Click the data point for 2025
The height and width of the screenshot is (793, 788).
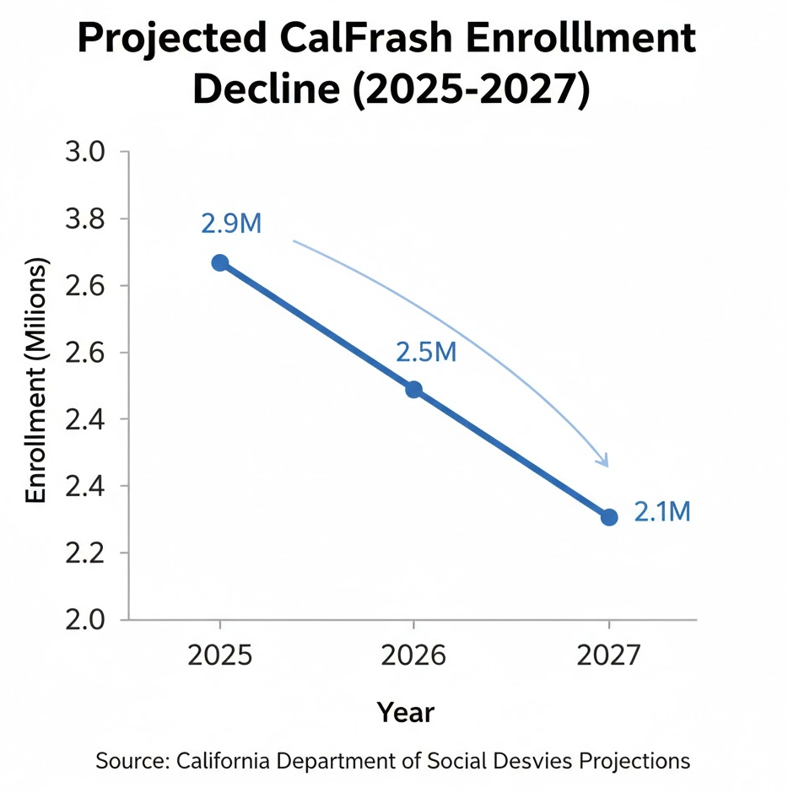tap(220, 262)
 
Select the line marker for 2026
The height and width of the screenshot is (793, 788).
tap(413, 389)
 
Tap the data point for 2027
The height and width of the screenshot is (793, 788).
tap(609, 517)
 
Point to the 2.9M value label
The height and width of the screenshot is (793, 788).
tap(232, 224)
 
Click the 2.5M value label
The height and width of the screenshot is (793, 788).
tap(426, 352)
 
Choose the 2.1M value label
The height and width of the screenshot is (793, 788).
tap(662, 511)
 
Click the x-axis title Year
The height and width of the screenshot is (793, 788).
tap(405, 713)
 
